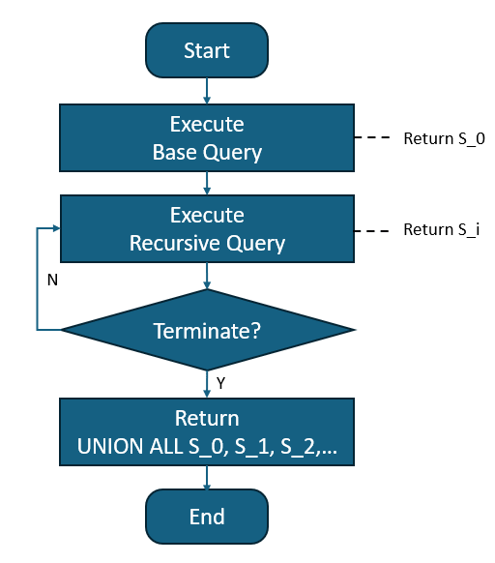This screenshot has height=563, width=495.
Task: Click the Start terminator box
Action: tap(207, 49)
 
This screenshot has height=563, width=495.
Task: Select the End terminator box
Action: tap(207, 516)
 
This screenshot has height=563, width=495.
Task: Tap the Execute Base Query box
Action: tap(207, 138)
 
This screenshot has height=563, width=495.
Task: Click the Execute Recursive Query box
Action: tap(207, 228)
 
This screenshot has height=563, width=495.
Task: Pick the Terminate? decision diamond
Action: tap(207, 331)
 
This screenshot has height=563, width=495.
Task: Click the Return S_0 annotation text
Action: tap(444, 138)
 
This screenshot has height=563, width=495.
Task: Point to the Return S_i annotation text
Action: tap(441, 231)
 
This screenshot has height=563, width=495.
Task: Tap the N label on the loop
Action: tap(52, 280)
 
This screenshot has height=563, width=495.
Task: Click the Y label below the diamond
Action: tap(220, 383)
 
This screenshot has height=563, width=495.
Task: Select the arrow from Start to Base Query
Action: tap(207, 90)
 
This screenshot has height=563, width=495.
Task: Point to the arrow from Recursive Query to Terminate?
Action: tap(207, 276)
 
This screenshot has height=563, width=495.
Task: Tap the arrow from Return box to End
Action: tap(207, 477)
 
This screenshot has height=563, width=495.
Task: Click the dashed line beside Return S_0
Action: tap(372, 138)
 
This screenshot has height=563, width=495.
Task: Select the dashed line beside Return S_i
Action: tap(372, 231)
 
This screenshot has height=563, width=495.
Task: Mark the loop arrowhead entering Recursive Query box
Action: tap(56, 228)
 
